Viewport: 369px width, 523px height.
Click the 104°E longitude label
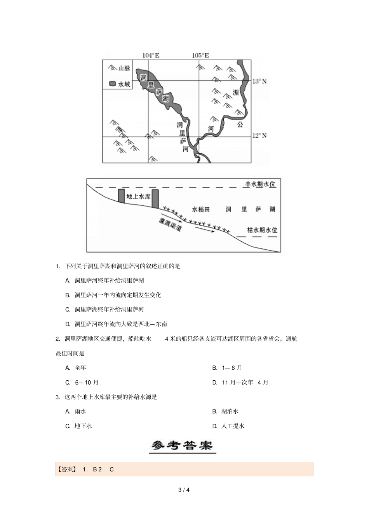(x=151, y=55)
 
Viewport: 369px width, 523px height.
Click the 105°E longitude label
(x=200, y=55)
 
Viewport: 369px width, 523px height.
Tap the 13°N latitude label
(x=259, y=81)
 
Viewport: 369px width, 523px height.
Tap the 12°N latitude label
(x=259, y=135)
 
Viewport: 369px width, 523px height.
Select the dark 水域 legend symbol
(x=113, y=84)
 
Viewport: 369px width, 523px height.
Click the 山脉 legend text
(x=124, y=68)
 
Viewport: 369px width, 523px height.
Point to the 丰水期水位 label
(x=260, y=184)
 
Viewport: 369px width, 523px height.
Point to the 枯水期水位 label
(x=262, y=230)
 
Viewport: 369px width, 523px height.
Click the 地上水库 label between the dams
(x=138, y=196)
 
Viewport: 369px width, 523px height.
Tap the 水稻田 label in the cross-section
(x=201, y=209)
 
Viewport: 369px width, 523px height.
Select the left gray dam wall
(x=122, y=196)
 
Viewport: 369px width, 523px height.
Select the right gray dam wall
(x=155, y=199)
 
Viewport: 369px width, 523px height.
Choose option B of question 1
(x=113, y=295)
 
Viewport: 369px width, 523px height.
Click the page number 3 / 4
(x=184, y=490)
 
